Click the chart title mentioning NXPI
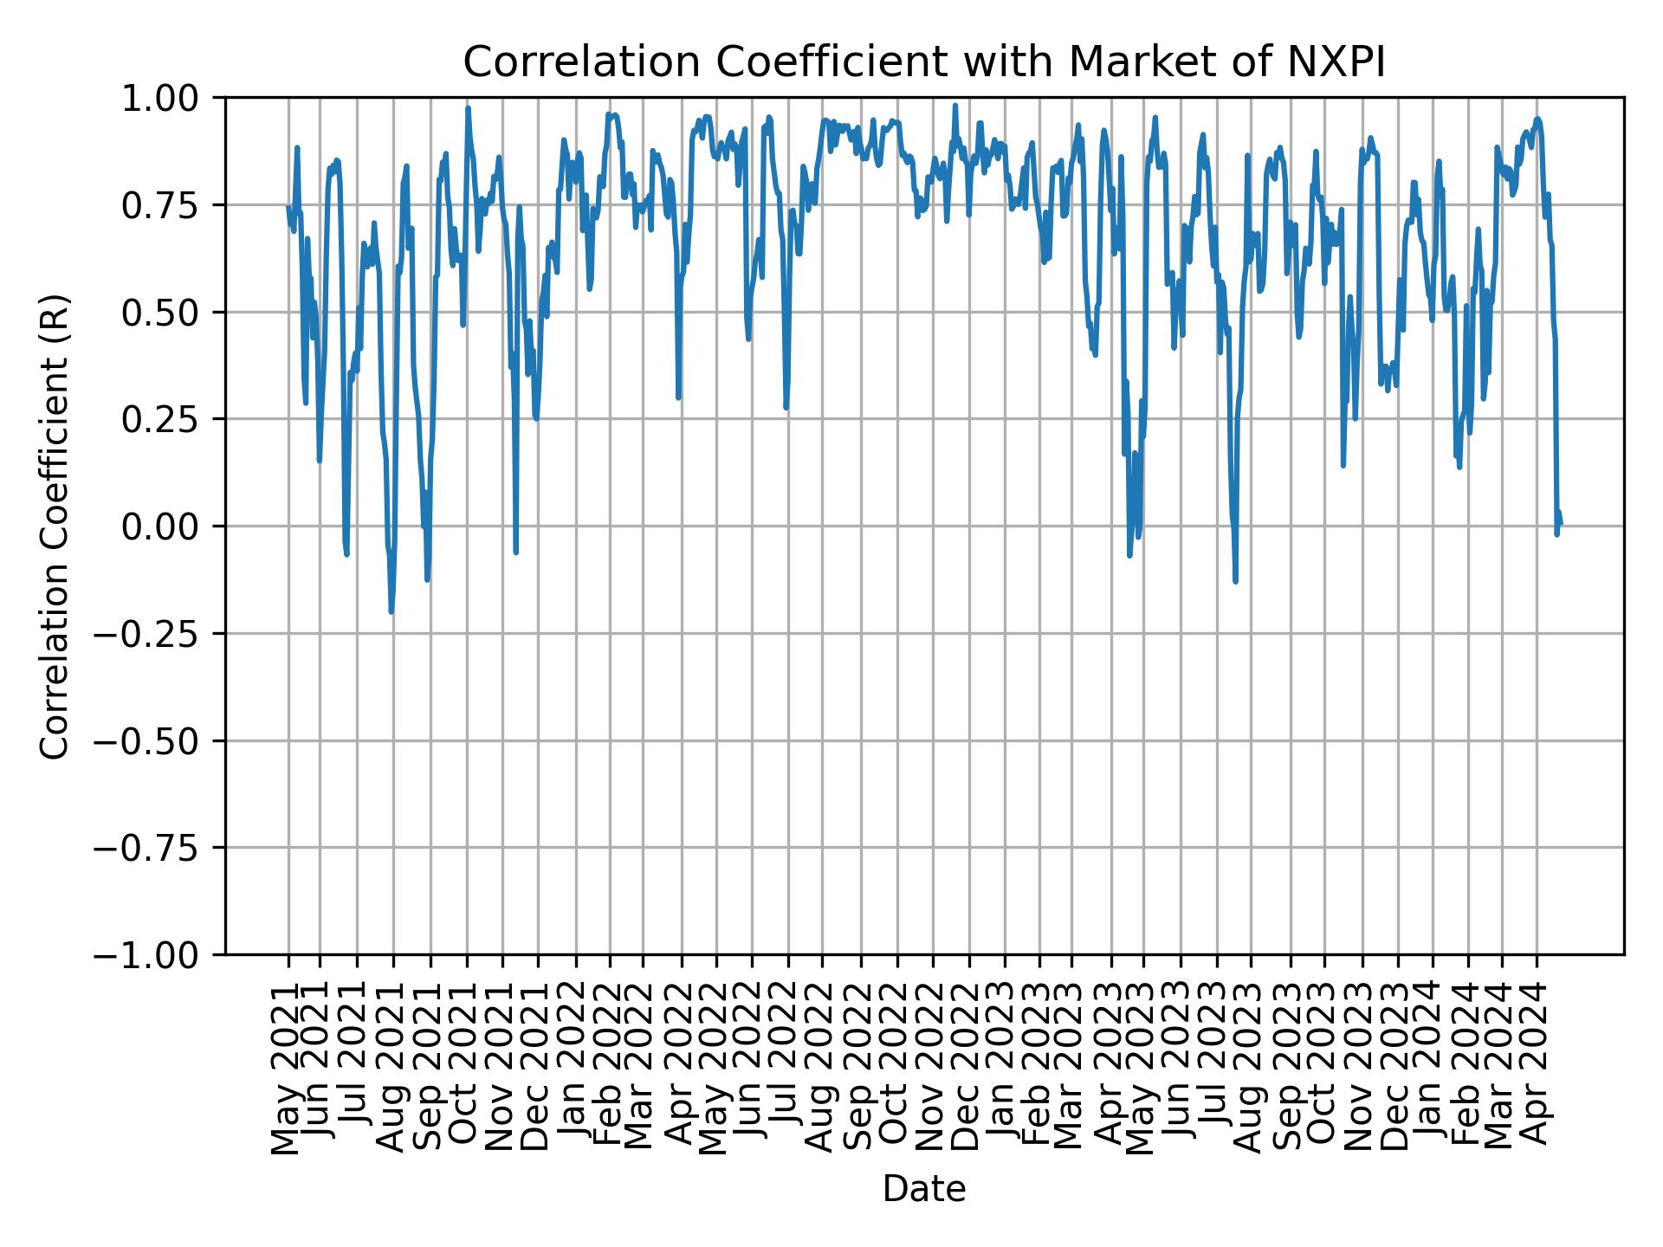pyautogui.click(x=924, y=62)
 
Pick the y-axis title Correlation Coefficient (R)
pyautogui.click(x=55, y=526)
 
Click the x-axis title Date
pyautogui.click(x=924, y=1190)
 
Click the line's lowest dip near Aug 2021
pyautogui.click(x=391, y=611)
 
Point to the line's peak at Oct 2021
pyautogui.click(x=468, y=108)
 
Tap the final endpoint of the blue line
pyautogui.click(x=1561, y=524)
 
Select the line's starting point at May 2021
pyautogui.click(x=288, y=206)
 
